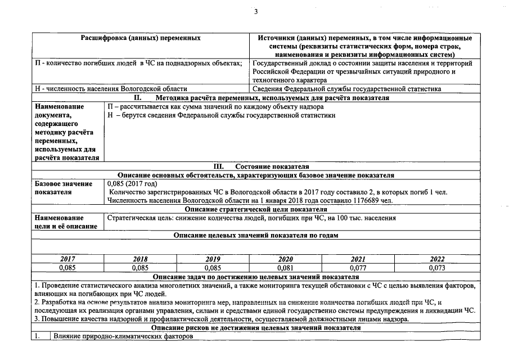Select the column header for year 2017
click(67, 259)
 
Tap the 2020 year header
click(286, 259)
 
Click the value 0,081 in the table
click(286, 268)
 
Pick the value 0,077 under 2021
click(358, 268)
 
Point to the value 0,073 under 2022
click(437, 268)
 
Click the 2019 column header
click(213, 259)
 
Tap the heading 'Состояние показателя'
click(272, 166)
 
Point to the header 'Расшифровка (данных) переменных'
click(141, 38)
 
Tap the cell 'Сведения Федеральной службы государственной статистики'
click(347, 89)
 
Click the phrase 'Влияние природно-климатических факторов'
click(123, 336)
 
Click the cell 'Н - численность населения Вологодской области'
click(111, 89)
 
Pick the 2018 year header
click(140, 259)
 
